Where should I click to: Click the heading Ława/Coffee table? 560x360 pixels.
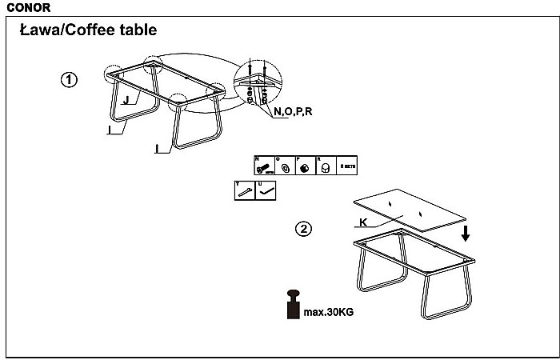pos(88,30)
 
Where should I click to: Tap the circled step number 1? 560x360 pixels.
pos(70,80)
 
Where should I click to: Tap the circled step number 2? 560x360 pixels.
pos(303,230)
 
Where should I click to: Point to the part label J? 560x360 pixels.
pos(126,100)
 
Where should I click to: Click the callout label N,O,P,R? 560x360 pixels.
pos(293,111)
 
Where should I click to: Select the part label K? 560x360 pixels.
pos(363,222)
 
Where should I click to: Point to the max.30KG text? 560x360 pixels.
pos(328,311)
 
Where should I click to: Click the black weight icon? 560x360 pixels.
pos(291,305)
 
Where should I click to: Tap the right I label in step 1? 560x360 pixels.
pos(158,147)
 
